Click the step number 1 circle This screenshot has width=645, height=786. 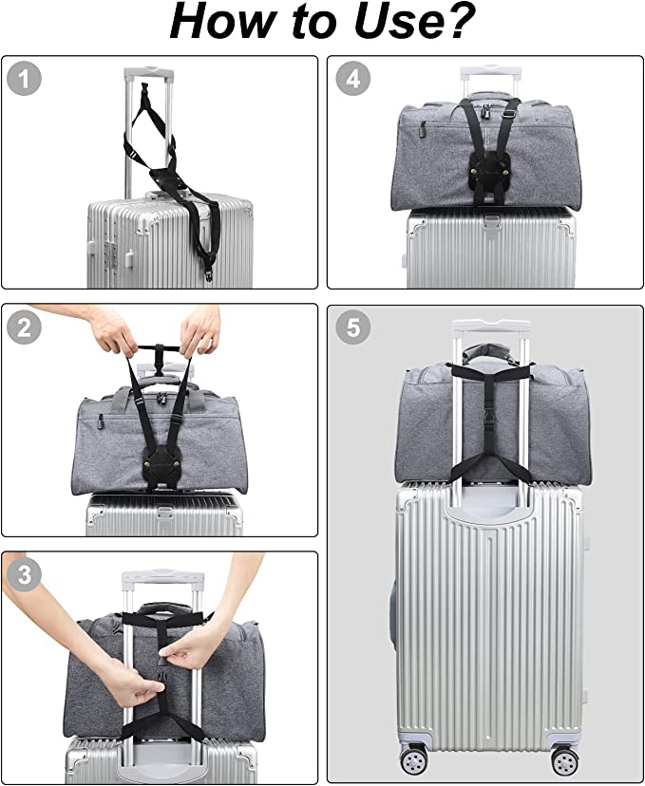point(24,78)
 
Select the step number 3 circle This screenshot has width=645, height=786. point(24,574)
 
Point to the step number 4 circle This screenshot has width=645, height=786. point(353,78)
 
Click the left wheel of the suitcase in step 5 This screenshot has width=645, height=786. point(414,760)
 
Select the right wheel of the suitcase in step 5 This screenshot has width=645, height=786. point(565,760)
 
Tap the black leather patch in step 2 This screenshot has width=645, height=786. point(161,460)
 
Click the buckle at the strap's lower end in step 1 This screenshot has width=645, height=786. point(209,274)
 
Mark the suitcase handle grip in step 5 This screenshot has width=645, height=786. point(491,326)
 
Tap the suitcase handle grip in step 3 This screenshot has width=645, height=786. point(163,576)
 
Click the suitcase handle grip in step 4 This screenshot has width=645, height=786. point(490,72)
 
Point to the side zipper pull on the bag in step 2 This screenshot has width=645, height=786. point(100,422)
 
